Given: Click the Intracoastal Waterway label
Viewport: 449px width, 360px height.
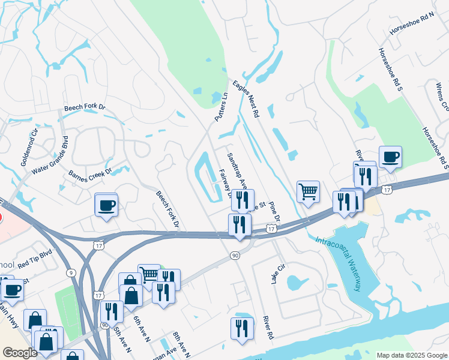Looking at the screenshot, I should tap(339, 263).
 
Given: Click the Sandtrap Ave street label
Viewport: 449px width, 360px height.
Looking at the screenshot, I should tap(237, 170).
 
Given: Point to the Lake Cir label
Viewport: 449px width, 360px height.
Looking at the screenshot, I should tap(277, 274).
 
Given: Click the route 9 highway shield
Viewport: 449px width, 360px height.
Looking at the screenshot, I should tap(72, 273).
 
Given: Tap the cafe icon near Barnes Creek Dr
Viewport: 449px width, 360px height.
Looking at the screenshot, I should tap(107, 205).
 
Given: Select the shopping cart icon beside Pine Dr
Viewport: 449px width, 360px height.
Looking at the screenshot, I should tap(308, 192).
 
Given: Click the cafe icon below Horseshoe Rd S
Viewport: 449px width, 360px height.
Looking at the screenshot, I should tap(390, 156).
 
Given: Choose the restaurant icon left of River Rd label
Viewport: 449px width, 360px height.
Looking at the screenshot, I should tap(242, 328).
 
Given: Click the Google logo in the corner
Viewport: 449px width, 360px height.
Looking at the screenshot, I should tap(20, 353).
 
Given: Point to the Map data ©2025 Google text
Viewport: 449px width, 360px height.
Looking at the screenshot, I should tap(411, 355).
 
